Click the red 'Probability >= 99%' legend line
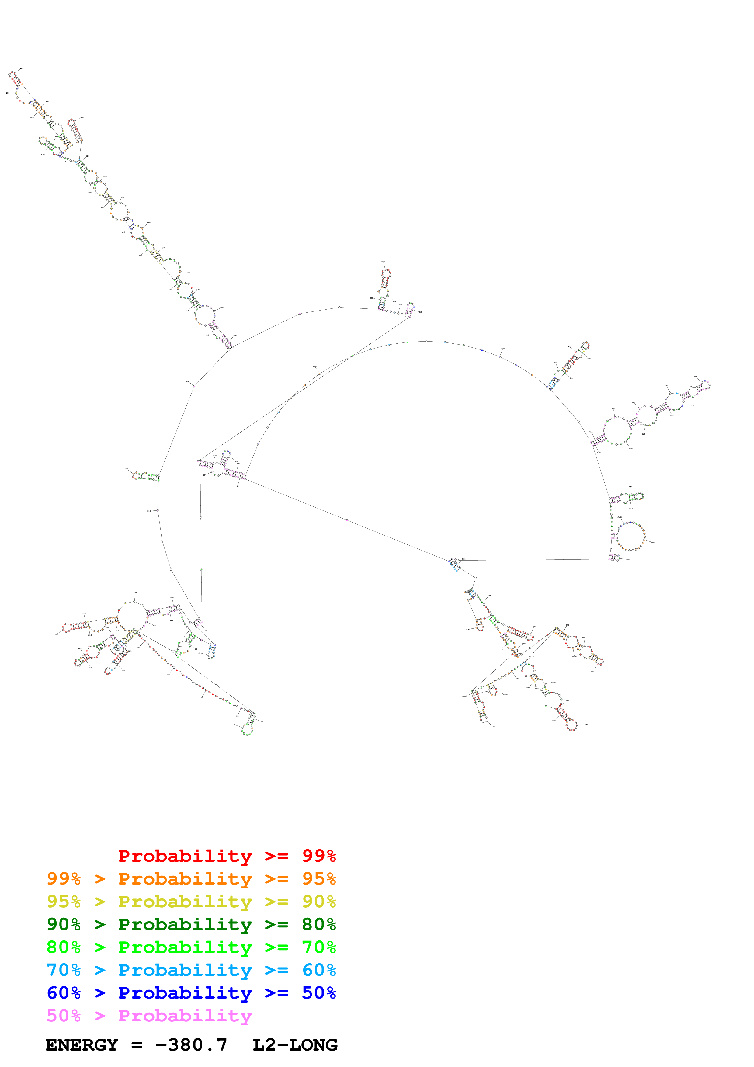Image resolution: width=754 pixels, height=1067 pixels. [x=227, y=856]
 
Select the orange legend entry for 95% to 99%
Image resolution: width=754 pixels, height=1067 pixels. [x=191, y=878]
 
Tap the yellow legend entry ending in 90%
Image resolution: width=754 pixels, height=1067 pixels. [x=191, y=901]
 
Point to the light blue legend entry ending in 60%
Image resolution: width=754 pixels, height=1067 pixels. [x=191, y=970]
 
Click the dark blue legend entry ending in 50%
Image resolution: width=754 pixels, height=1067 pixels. [x=191, y=993]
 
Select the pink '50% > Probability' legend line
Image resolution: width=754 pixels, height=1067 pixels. [x=149, y=1015]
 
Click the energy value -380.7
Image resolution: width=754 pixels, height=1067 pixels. [x=191, y=1045]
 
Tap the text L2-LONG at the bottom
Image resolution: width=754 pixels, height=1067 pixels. [x=294, y=1045]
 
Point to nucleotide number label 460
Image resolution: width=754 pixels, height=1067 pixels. [x=32, y=117]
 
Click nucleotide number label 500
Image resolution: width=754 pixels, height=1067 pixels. [x=82, y=118]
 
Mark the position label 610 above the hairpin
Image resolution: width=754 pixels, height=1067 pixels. [x=383, y=262]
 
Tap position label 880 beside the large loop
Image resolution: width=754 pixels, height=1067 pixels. [x=653, y=542]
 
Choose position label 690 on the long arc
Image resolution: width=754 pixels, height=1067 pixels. [x=503, y=349]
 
